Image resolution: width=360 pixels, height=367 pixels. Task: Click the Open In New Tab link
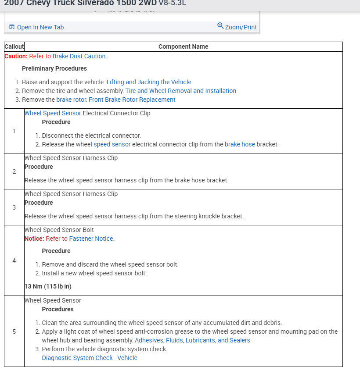coord(40,27)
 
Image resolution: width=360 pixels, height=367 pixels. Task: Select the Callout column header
coord(14,46)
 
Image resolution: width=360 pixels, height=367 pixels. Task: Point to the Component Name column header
coord(183,46)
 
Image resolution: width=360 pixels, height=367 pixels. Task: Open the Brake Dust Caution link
coord(79,56)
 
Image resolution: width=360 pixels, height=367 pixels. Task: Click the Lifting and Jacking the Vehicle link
coord(149,82)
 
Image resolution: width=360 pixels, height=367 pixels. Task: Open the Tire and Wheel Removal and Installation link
coord(180,91)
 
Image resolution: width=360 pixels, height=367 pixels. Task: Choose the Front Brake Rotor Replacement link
coord(132,100)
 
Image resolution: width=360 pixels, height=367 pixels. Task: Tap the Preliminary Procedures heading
coord(54,68)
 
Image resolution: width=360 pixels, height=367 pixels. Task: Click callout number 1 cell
coord(14,131)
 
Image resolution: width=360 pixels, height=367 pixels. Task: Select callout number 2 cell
coord(14,171)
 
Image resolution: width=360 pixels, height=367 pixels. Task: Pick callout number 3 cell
coord(14,207)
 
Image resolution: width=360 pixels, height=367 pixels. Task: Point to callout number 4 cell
coord(14,260)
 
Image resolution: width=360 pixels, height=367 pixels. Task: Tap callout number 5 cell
coord(14,331)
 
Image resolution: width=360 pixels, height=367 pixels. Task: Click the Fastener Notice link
coord(91,239)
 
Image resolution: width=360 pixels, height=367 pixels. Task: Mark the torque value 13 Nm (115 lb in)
coord(48,286)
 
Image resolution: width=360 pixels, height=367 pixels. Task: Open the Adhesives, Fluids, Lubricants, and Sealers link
coord(192,340)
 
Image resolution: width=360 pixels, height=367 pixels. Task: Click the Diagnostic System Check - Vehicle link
coord(90,358)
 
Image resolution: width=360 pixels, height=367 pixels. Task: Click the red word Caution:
coord(16,56)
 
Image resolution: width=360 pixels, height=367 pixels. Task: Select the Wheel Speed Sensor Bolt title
coord(59,230)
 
